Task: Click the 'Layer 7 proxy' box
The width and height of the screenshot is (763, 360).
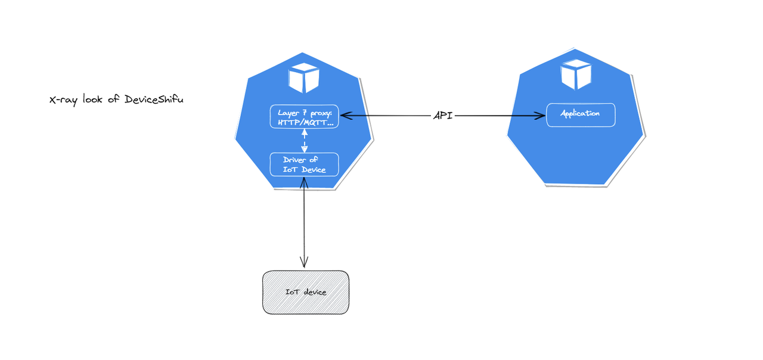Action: (305, 117)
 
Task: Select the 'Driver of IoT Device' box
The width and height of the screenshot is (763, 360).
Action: (305, 165)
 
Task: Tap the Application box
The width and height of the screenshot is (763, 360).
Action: (581, 114)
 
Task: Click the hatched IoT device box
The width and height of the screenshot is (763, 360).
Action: (305, 292)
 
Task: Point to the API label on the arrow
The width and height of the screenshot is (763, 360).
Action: (442, 116)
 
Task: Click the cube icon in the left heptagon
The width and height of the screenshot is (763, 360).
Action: (304, 78)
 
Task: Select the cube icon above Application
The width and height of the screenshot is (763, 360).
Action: (576, 75)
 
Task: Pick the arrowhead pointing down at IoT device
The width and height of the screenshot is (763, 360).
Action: (305, 262)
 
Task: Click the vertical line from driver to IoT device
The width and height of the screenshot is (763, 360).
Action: (305, 221)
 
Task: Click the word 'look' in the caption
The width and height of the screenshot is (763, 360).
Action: (94, 100)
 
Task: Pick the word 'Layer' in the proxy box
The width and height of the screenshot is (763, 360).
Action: (289, 112)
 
